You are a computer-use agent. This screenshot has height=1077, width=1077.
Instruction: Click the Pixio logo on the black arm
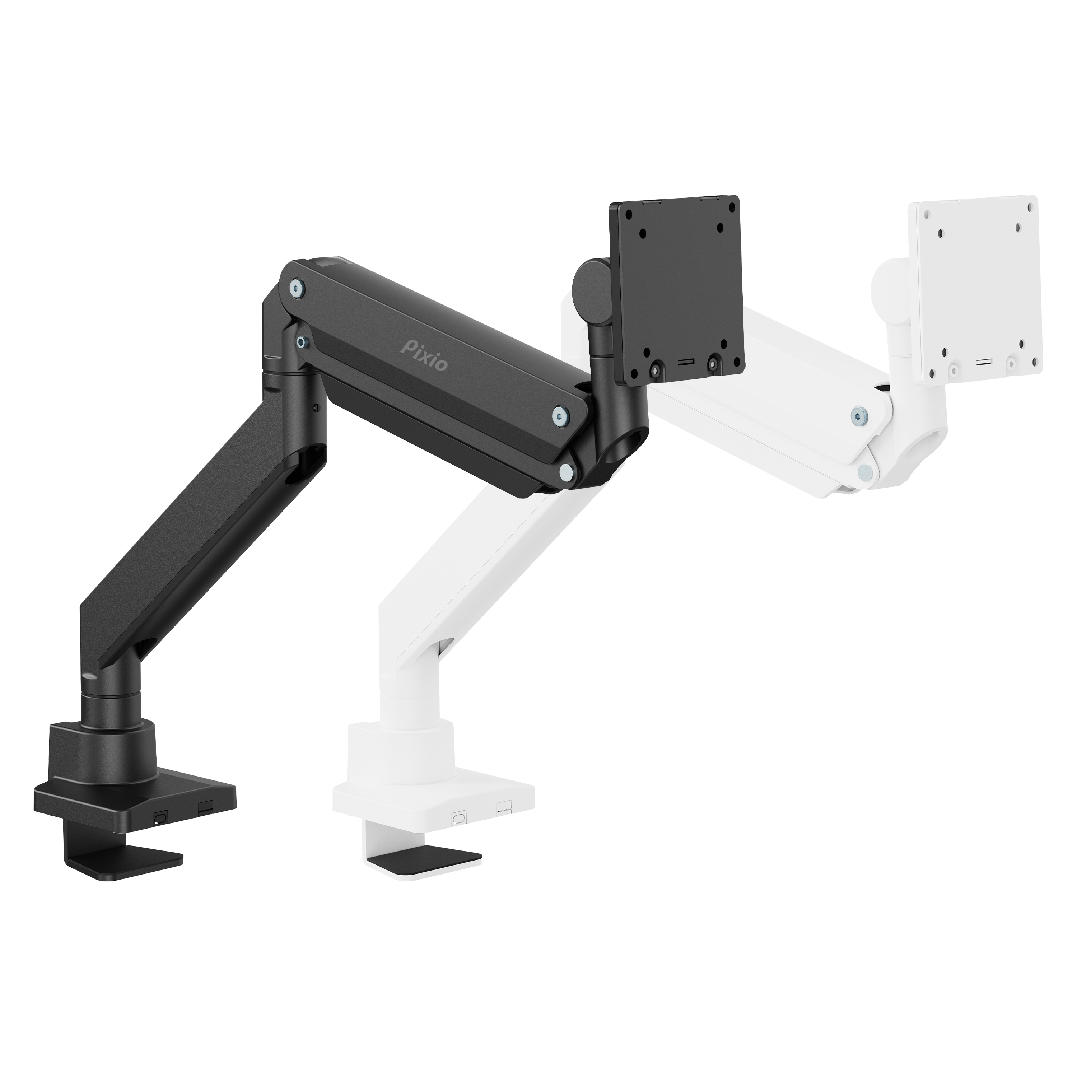coord(424,355)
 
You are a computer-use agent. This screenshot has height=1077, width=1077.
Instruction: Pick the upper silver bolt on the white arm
coord(858,413)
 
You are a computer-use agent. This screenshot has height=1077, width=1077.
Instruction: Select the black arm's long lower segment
coord(201,535)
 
